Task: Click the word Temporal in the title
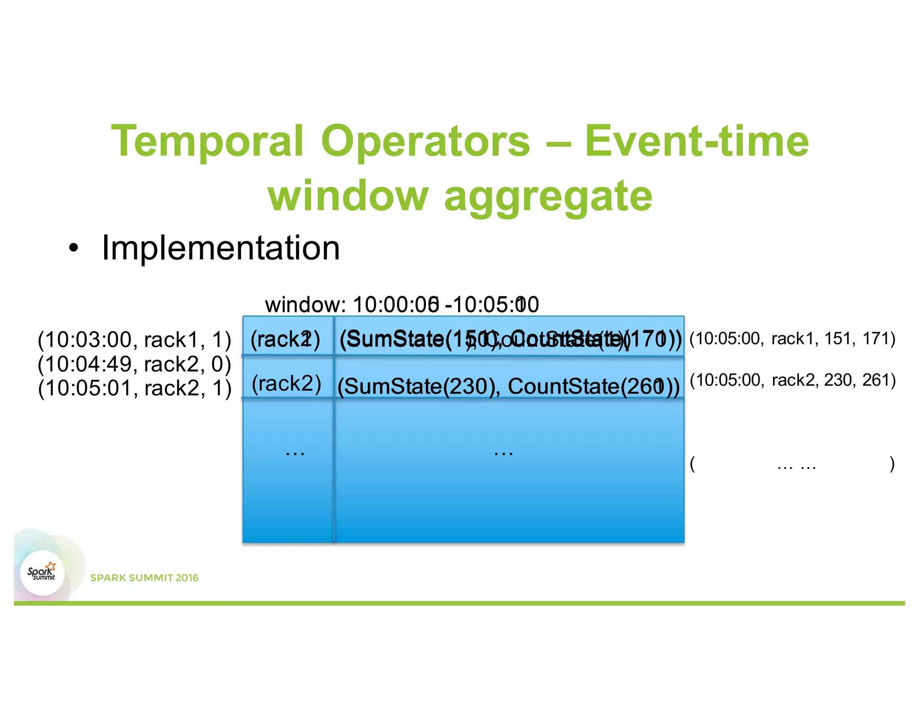[207, 142]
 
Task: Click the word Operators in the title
[425, 142]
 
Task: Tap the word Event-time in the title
[696, 142]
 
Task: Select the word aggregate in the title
[548, 196]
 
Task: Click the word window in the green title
[348, 196]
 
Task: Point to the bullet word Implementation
[220, 248]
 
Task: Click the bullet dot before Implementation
[74, 248]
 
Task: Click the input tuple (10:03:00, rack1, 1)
[134, 340]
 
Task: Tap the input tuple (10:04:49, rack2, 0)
[134, 364]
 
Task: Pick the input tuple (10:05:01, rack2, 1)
[134, 388]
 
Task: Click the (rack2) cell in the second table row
[286, 384]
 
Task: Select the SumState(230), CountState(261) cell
[508, 386]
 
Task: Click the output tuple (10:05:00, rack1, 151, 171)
[792, 338]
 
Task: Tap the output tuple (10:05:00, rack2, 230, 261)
[792, 380]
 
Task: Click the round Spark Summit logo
[42, 573]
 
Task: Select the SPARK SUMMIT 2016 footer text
[144, 578]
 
